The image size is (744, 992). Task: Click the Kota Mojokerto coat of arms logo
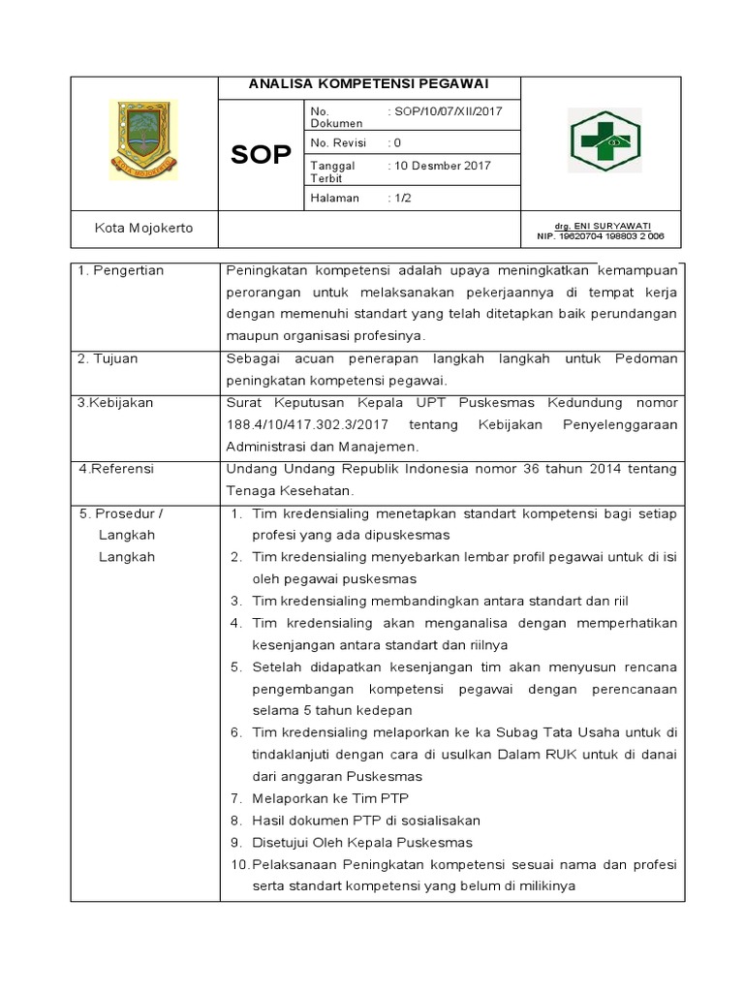point(142,139)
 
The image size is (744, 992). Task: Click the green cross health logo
point(604,141)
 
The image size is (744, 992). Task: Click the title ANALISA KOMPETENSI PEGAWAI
point(368,84)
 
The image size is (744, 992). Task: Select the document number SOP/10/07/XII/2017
point(447,111)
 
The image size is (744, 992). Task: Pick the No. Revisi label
point(335,142)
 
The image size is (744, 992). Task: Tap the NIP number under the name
point(601,235)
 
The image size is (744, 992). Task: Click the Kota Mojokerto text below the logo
point(143,228)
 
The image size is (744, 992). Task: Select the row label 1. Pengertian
point(121,271)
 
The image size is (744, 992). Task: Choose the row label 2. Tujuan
point(108,358)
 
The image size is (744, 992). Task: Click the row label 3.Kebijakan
point(115,402)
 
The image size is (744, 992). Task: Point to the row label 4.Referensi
point(116,469)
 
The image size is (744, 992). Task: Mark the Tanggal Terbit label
point(332,171)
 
